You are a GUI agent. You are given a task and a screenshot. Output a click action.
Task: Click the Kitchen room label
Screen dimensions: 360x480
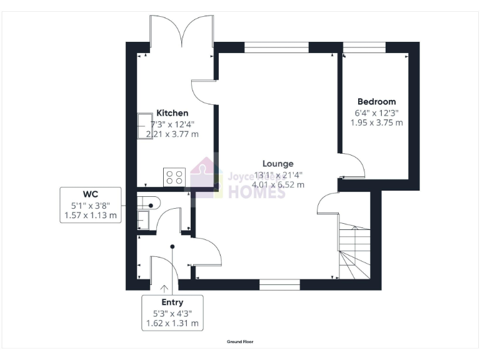(172, 113)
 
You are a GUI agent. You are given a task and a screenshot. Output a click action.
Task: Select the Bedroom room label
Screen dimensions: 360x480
(376, 101)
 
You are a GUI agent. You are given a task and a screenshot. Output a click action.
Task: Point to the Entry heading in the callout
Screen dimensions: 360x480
(172, 302)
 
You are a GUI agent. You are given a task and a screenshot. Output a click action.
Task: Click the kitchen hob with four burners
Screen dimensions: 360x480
(173, 177)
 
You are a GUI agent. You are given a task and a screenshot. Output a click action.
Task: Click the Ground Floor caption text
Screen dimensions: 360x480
(240, 342)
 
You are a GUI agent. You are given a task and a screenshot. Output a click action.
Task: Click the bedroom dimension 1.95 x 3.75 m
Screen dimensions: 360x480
(376, 122)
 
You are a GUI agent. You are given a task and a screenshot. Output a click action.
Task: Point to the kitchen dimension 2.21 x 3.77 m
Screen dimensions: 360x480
(172, 134)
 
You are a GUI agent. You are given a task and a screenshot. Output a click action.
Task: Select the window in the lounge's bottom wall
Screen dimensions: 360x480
(279, 284)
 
